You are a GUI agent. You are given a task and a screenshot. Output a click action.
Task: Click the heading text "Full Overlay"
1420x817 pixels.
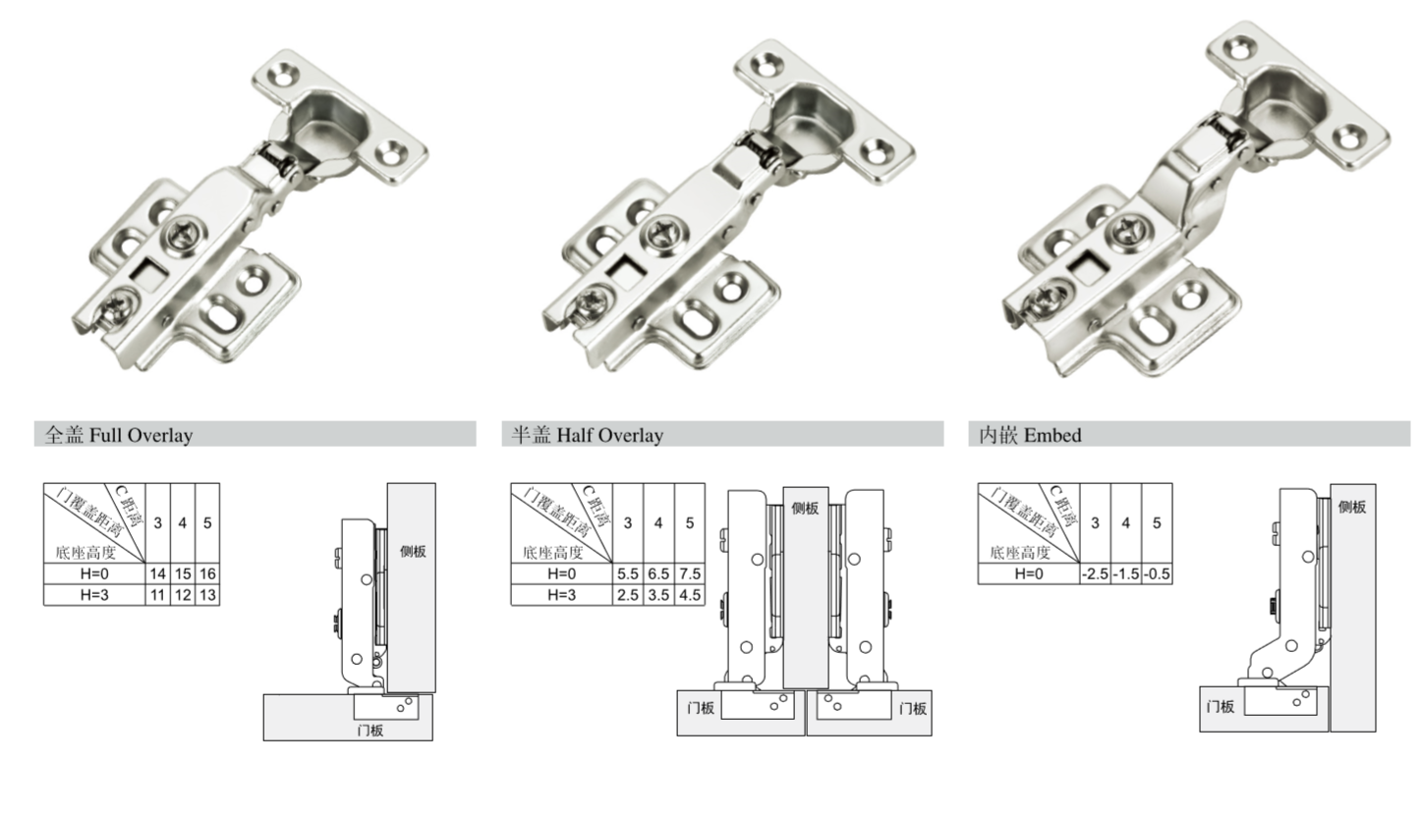click(141, 435)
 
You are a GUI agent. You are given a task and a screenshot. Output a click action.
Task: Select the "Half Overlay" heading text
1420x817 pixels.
click(610, 435)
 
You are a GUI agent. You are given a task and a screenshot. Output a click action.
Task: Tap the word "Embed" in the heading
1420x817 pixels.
click(1052, 435)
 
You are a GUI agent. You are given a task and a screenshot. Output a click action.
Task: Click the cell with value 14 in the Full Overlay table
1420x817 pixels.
click(158, 573)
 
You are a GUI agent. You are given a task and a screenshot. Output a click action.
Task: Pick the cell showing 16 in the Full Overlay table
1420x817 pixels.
click(207, 573)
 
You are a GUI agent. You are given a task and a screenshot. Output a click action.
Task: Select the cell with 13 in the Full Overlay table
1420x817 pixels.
click(207, 595)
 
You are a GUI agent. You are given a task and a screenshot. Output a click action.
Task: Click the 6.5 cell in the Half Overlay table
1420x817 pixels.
click(658, 573)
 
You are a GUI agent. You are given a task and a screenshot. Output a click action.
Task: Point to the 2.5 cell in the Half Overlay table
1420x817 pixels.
click(628, 595)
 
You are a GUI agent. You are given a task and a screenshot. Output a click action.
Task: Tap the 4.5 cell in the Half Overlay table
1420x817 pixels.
click(690, 595)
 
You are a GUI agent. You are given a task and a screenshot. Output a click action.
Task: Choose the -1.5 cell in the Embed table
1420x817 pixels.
click(1126, 573)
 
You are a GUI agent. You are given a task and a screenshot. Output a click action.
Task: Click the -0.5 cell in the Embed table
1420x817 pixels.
click(1157, 573)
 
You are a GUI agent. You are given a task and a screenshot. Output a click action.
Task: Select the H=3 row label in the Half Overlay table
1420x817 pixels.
click(562, 595)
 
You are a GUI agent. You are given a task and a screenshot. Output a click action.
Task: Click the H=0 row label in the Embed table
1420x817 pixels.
click(1028, 573)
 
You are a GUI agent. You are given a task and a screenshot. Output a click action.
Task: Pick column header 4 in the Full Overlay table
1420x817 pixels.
click(183, 523)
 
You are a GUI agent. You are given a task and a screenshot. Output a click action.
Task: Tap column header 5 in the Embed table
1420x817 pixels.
click(1157, 523)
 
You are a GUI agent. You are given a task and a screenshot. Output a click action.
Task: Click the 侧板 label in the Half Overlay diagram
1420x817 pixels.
click(805, 508)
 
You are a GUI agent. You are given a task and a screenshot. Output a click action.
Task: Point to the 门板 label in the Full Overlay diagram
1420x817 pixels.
click(370, 731)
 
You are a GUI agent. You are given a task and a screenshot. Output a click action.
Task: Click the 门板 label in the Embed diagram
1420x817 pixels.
click(1221, 706)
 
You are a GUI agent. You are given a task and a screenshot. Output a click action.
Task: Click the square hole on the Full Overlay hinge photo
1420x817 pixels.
click(150, 274)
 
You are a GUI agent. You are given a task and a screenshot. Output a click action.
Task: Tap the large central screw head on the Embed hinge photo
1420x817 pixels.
click(1128, 231)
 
